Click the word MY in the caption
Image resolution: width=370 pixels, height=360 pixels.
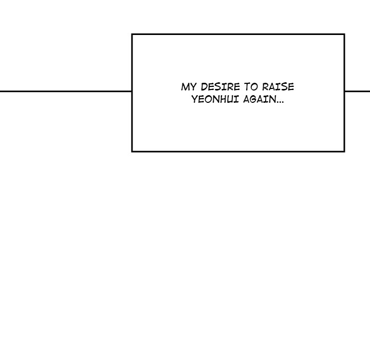[x=189, y=87]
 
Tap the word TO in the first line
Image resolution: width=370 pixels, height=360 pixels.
[x=251, y=87]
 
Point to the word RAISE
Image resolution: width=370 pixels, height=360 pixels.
[x=278, y=87]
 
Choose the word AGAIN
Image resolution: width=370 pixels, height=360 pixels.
[x=260, y=99]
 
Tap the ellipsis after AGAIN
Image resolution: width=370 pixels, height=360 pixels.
[x=280, y=102]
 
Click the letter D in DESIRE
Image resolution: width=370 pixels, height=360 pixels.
[x=204, y=87]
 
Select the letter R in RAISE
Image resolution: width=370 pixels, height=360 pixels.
[x=266, y=87]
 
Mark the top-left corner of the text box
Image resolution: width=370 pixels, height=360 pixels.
[x=132, y=34]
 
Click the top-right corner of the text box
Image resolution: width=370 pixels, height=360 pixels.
[x=344, y=34]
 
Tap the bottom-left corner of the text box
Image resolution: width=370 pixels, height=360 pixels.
[x=132, y=151]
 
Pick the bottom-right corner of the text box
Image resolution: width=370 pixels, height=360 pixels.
[x=344, y=151]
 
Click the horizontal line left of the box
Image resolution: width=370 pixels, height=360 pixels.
[x=66, y=91]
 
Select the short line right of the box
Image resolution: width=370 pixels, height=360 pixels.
[x=358, y=91]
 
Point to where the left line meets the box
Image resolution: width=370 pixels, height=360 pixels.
[x=132, y=91]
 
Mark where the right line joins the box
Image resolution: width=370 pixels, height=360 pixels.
[x=345, y=91]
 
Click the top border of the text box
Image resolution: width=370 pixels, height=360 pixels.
[x=238, y=34]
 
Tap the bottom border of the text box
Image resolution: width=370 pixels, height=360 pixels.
[x=238, y=151]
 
